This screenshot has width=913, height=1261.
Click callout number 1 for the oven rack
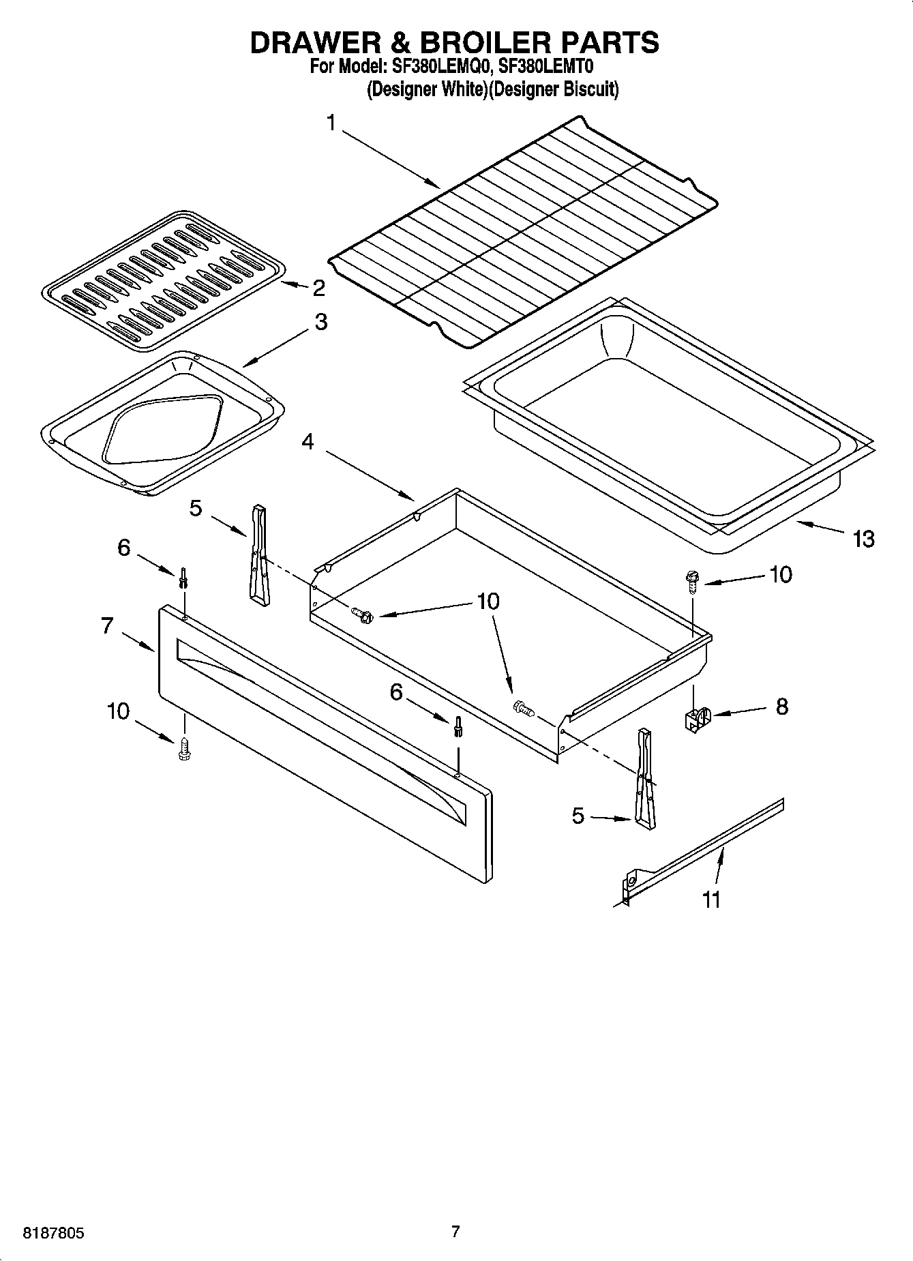click(331, 123)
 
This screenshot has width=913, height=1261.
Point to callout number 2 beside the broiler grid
click(318, 288)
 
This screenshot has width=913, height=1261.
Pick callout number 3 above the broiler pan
click(320, 323)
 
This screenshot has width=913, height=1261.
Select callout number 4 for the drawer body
click(308, 442)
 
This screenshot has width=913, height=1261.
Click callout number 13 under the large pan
click(863, 539)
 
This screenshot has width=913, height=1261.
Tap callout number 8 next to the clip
click(781, 707)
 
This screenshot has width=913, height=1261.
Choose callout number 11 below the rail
click(711, 900)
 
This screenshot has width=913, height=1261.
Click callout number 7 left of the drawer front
click(107, 625)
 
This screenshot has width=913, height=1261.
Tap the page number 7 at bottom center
click(455, 1232)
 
